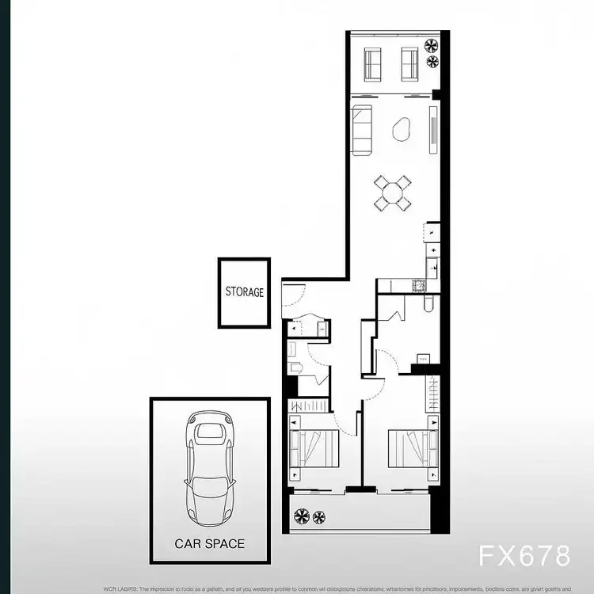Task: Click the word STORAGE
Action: (x=244, y=292)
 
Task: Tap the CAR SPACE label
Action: (x=209, y=544)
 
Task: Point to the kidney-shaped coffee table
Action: (x=402, y=128)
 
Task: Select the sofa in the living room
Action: (x=363, y=129)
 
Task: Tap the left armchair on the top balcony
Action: (x=373, y=63)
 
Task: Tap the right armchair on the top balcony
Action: (x=409, y=63)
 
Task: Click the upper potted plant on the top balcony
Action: (x=432, y=45)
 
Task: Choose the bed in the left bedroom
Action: (x=315, y=449)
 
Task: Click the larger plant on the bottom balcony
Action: (x=302, y=517)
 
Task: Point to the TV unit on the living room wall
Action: (x=432, y=129)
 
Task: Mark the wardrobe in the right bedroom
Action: (x=432, y=391)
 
